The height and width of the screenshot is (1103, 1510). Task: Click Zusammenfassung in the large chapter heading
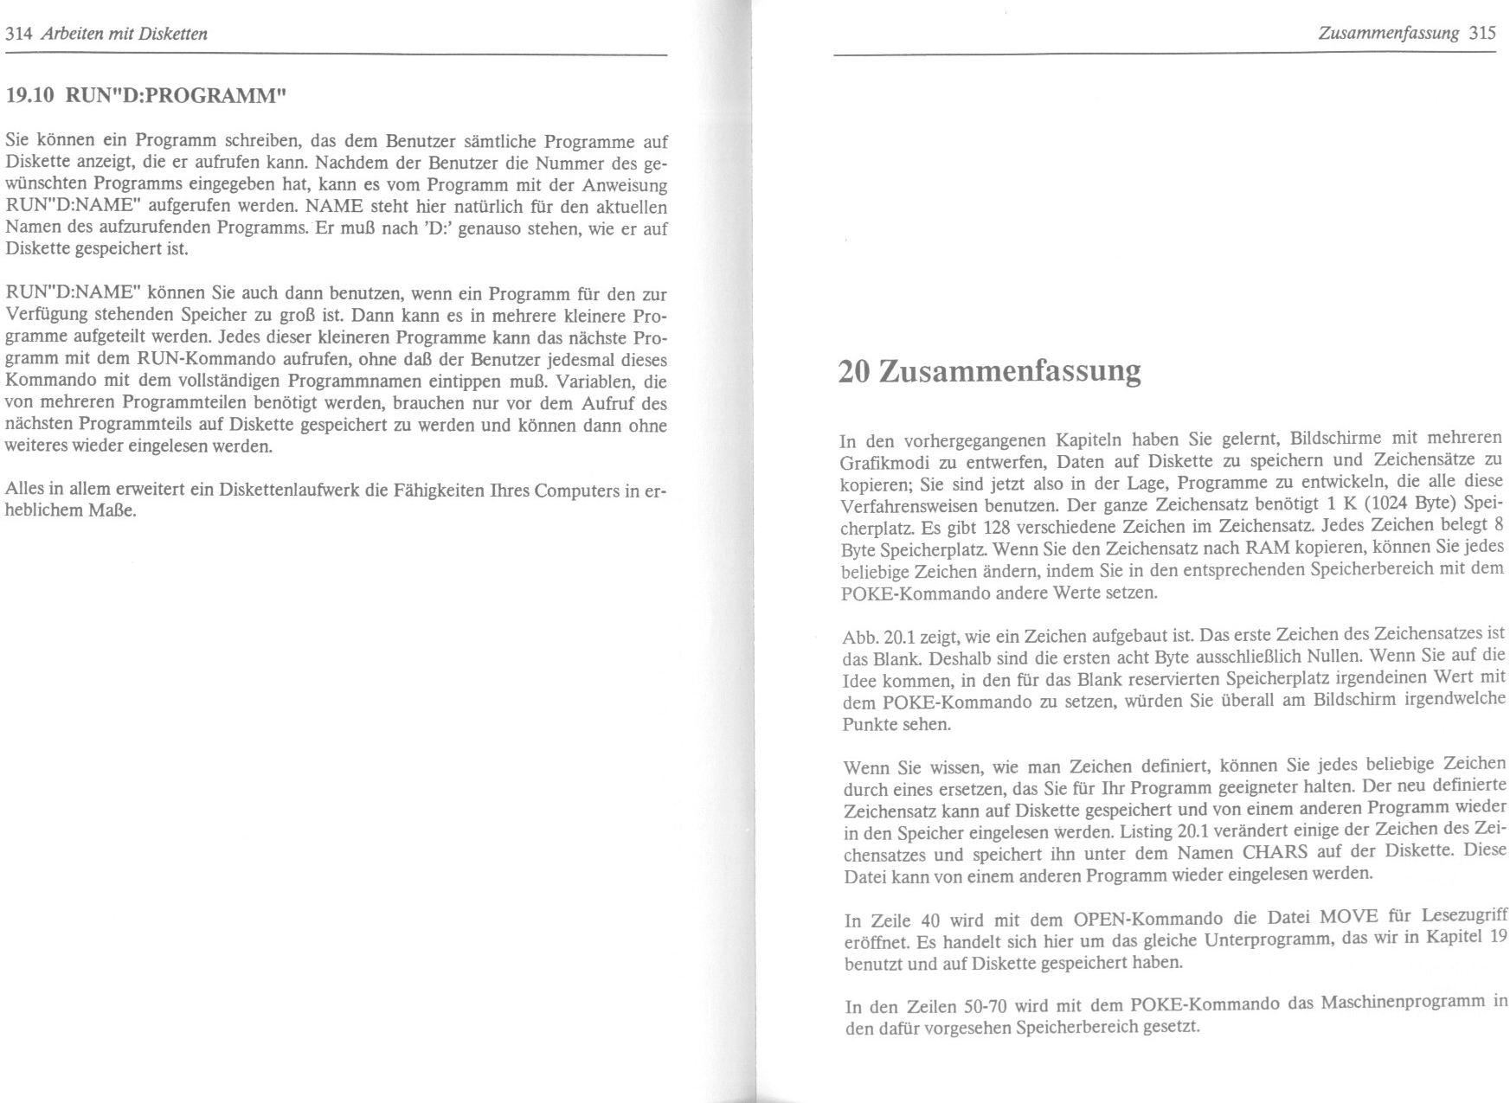click(x=1010, y=371)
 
